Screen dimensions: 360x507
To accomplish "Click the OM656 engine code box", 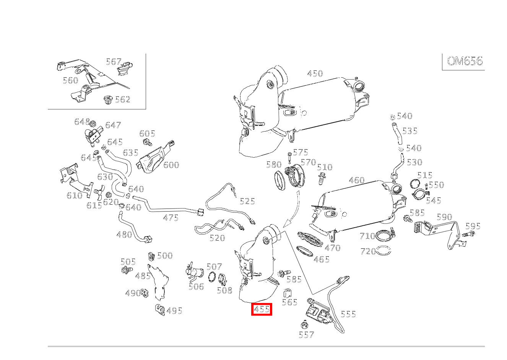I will click(x=465, y=61).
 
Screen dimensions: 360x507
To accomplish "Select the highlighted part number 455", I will click(x=262, y=309).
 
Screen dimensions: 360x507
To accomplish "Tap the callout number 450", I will click(x=315, y=73).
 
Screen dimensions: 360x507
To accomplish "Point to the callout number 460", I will click(x=356, y=180).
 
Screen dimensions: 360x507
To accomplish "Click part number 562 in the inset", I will click(x=123, y=99).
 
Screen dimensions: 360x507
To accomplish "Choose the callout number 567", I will click(x=114, y=62).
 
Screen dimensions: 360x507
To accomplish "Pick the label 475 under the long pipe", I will click(x=171, y=218).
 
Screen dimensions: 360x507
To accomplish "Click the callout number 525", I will click(x=247, y=201).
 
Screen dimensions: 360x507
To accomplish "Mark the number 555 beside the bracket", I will click(x=348, y=314).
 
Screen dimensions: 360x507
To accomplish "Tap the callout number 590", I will click(x=444, y=217).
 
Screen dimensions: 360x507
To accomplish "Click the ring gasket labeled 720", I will click(x=384, y=251).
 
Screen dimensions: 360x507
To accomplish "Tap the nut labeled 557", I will click(x=305, y=326).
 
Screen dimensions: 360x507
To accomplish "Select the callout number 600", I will click(x=171, y=165).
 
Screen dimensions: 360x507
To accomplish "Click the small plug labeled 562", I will click(x=107, y=101).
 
